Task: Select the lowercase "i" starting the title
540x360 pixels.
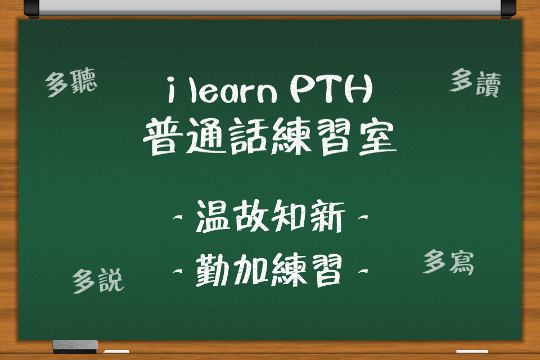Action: coord(171,90)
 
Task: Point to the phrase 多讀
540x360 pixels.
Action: coord(475,83)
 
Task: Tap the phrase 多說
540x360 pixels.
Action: coord(98,281)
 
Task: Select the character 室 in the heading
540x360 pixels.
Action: coord(378,137)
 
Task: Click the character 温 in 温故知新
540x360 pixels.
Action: coord(213,217)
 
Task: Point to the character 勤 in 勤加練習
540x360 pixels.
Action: coord(213,271)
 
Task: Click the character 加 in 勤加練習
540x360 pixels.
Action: coord(251,271)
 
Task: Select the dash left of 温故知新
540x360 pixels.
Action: coord(178,217)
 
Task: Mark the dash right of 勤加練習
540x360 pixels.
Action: coord(363,271)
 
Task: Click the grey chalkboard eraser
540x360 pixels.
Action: coord(75,346)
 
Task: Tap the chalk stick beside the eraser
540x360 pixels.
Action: coord(116,352)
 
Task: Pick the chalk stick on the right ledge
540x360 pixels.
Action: coord(472,352)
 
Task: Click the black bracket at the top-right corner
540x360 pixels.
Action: coord(508,8)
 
